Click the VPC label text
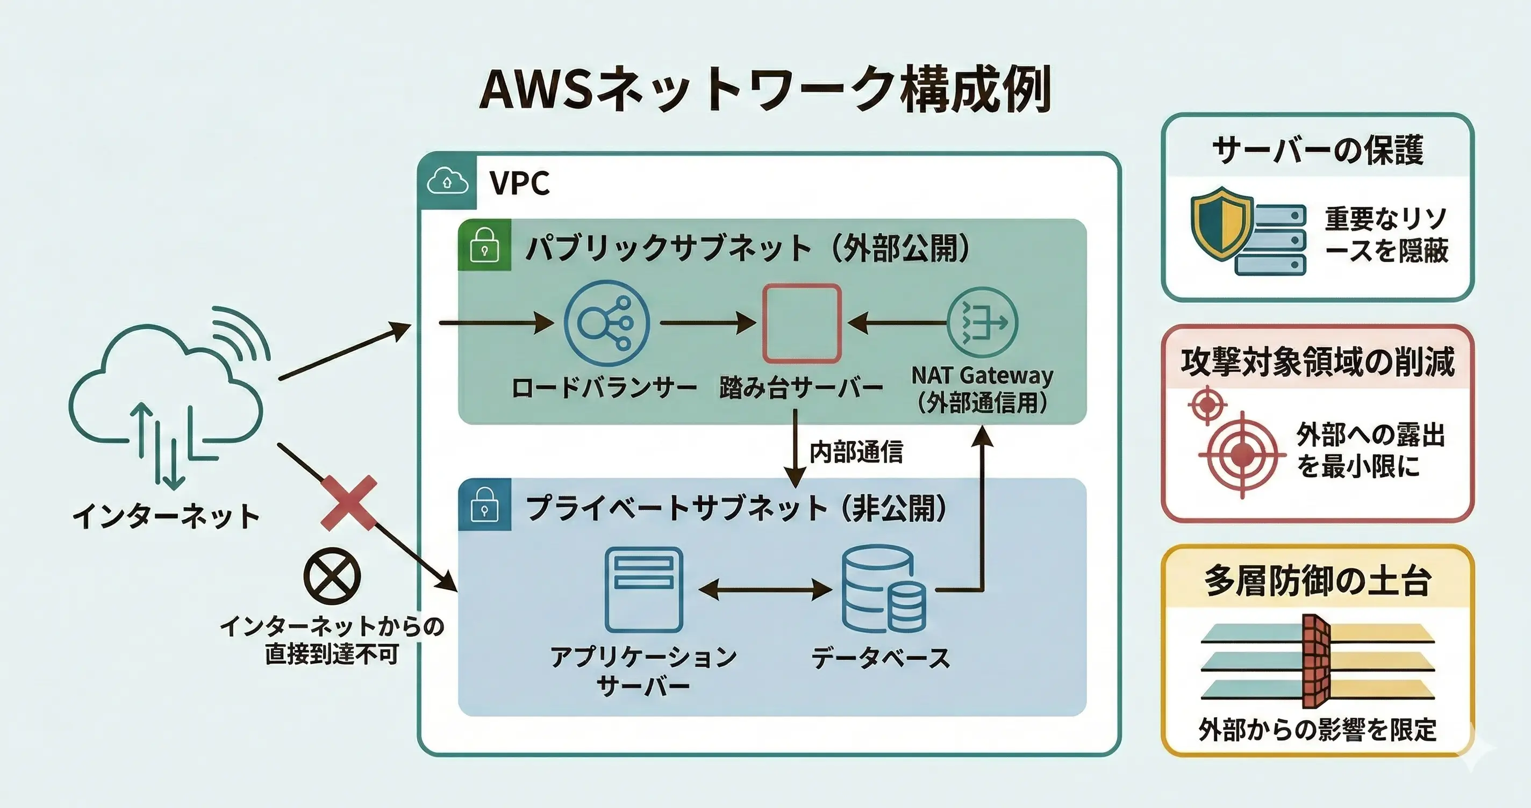pyautogui.click(x=519, y=183)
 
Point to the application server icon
pyautogui.click(x=643, y=589)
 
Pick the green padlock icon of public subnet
pyautogui.click(x=484, y=245)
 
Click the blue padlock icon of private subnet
pyautogui.click(x=484, y=504)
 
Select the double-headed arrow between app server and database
pyautogui.click(x=765, y=590)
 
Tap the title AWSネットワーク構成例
pyautogui.click(x=765, y=90)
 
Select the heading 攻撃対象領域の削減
pyautogui.click(x=1317, y=361)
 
